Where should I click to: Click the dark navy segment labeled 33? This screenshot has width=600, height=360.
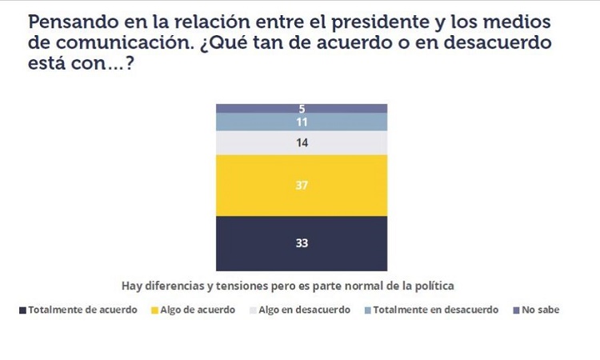pyautogui.click(x=302, y=243)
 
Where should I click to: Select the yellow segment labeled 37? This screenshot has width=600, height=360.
pyautogui.click(x=302, y=185)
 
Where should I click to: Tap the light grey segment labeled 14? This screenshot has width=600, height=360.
pyautogui.click(x=302, y=142)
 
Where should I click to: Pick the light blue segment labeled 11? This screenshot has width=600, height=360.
pyautogui.click(x=302, y=122)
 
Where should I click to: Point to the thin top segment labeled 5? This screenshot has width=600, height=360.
pyautogui.click(x=302, y=108)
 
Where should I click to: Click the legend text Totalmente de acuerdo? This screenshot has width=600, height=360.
pyautogui.click(x=82, y=310)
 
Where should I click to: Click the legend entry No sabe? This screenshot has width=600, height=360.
pyautogui.click(x=541, y=310)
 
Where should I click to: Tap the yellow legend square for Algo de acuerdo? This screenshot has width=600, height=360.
pyautogui.click(x=154, y=310)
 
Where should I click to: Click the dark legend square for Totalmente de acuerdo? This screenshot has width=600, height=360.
pyautogui.click(x=22, y=310)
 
